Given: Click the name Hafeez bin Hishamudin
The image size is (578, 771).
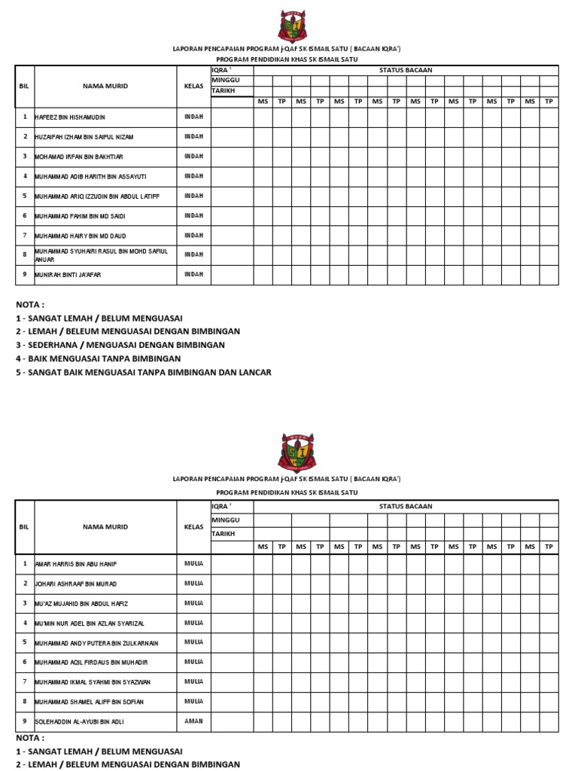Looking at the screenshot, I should tap(68, 118).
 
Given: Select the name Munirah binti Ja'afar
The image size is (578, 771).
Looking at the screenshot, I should tap(68, 276).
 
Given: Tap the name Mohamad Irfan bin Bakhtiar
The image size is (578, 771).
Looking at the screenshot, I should tap(78, 157).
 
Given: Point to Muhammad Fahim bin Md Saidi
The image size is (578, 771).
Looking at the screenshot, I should tap(82, 216).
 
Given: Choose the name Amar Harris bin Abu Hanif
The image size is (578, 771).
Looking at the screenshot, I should tap(76, 564).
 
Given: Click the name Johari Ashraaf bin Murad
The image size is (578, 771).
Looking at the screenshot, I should tap(76, 584).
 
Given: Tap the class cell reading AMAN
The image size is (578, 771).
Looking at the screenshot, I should tap(193, 721).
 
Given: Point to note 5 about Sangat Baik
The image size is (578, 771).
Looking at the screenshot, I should tap(143, 372).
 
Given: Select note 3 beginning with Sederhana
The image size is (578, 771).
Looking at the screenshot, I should tap(120, 345).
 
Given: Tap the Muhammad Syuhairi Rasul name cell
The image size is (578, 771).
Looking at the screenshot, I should tap(101, 255).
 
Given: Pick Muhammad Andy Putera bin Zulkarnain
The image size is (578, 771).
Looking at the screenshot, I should tap(96, 643).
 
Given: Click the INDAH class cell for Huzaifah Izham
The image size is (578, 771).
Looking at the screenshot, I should tap(193, 136).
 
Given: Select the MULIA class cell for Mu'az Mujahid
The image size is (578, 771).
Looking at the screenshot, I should tap(193, 603).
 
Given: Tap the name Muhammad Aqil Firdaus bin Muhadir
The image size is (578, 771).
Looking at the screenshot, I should tap(91, 663).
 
